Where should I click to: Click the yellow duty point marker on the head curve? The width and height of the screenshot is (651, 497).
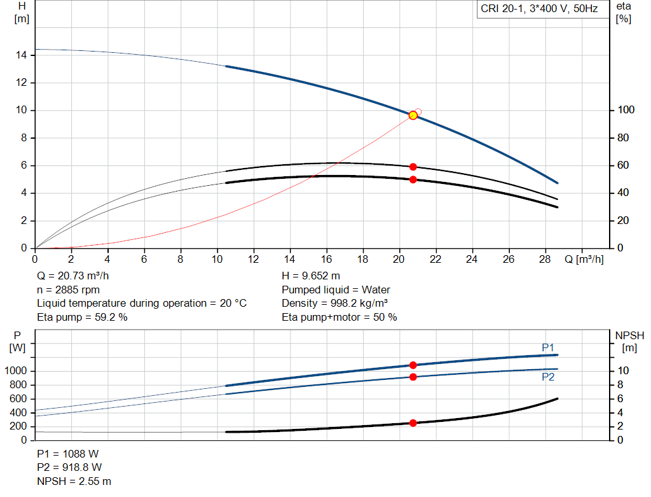(413, 115)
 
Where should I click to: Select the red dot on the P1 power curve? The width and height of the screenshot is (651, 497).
(413, 365)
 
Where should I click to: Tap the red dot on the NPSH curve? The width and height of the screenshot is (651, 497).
(413, 423)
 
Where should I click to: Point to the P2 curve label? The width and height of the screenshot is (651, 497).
(548, 377)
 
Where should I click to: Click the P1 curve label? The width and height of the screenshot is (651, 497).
(548, 347)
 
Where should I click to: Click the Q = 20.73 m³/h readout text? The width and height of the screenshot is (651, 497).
(74, 276)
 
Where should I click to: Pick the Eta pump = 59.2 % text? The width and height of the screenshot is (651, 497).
(82, 317)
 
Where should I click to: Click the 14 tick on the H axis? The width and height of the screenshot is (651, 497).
(21, 55)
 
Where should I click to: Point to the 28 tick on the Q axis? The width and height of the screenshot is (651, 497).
(545, 260)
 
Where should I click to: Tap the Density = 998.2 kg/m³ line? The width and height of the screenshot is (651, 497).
(335, 304)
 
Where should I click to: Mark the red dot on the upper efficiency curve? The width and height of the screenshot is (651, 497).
(413, 167)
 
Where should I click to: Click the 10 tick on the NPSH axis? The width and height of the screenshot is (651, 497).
(623, 371)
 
